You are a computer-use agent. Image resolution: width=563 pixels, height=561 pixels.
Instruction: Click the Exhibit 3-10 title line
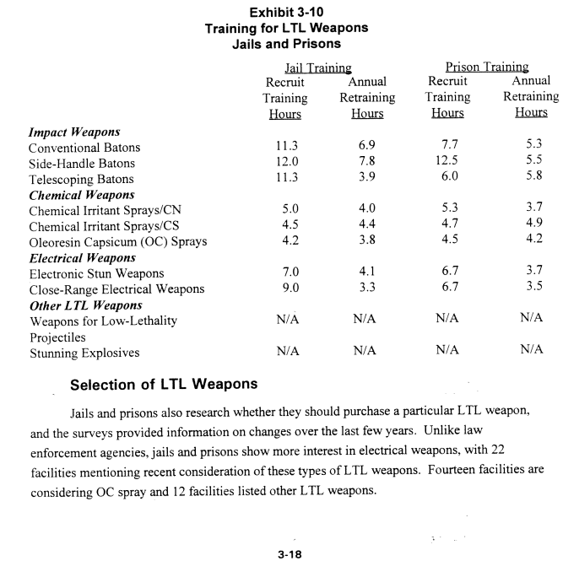[286, 13]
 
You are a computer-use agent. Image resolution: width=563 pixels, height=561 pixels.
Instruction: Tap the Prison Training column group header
[486, 67]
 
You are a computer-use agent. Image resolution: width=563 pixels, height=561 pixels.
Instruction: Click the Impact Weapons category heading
[74, 132]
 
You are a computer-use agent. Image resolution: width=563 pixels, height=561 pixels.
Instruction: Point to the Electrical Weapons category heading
[82, 258]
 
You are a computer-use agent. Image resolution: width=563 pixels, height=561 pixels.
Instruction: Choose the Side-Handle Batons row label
[82, 163]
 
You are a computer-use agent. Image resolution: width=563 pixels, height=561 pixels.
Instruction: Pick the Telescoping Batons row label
[81, 179]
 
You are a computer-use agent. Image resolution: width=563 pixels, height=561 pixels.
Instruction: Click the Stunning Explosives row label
[84, 353]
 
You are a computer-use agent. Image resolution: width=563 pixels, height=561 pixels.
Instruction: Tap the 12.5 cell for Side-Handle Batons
[447, 163]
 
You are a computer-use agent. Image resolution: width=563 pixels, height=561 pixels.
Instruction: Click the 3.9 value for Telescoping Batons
[367, 179]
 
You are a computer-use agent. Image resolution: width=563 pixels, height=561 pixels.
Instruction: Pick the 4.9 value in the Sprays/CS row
[531, 226]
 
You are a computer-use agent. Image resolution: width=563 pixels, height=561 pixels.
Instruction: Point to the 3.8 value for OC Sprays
[367, 242]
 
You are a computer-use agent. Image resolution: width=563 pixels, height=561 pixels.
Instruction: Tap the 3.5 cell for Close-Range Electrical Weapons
[531, 289]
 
